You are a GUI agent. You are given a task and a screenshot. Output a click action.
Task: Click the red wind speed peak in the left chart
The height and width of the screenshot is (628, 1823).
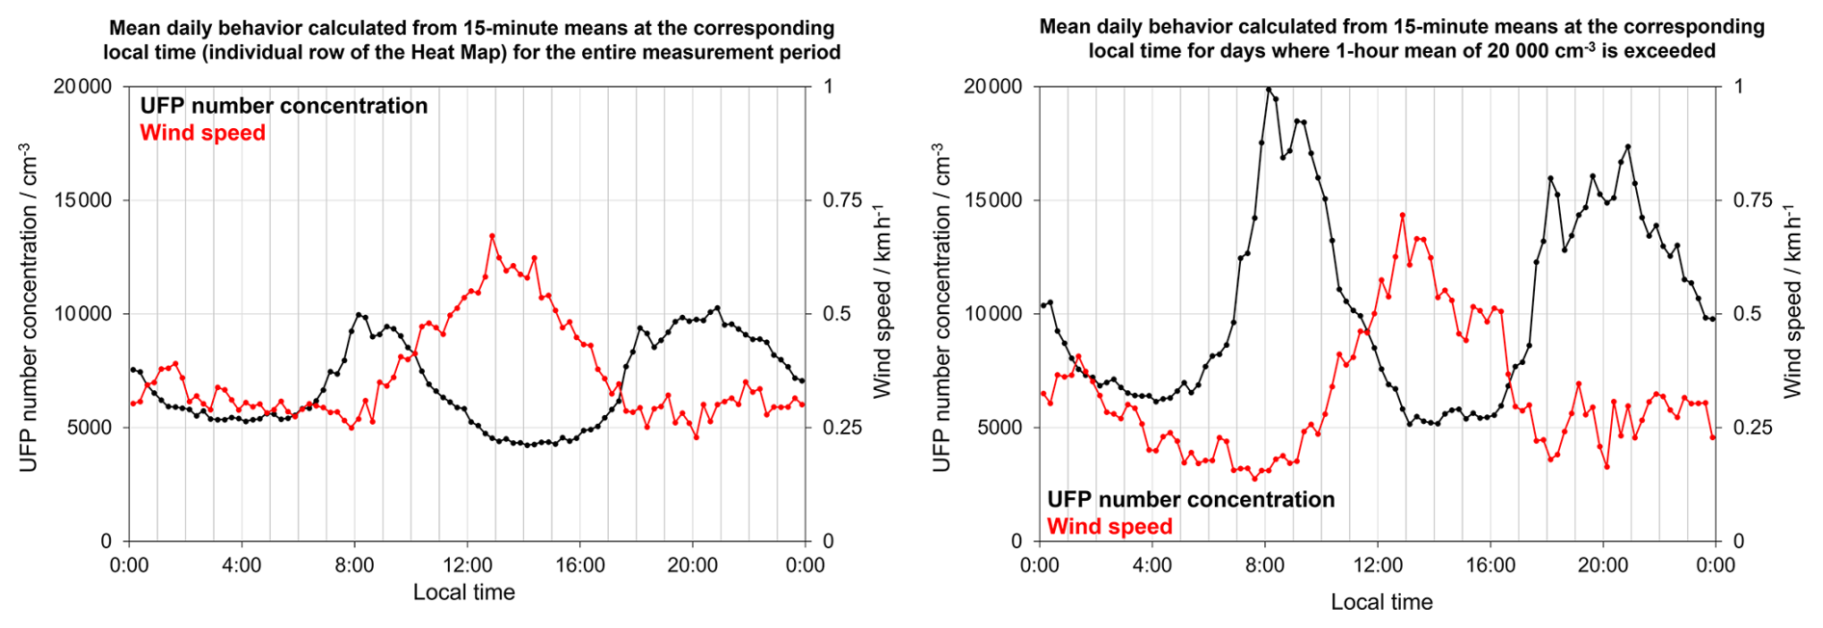[491, 235]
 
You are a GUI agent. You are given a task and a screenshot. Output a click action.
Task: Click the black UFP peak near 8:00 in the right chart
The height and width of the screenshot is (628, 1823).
[1268, 90]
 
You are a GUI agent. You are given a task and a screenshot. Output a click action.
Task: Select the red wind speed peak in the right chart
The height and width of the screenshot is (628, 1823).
[1402, 215]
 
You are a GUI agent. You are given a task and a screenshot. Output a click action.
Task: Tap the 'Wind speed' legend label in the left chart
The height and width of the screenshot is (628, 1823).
[202, 133]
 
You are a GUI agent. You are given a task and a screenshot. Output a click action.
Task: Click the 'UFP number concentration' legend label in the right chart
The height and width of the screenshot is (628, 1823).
[1190, 499]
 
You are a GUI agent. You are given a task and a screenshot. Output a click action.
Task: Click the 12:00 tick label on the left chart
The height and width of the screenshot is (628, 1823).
[467, 565]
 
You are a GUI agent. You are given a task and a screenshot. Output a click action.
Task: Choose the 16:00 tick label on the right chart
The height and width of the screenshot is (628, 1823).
[1491, 565]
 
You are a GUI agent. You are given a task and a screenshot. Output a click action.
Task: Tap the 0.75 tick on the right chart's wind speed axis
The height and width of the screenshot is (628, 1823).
[1753, 200]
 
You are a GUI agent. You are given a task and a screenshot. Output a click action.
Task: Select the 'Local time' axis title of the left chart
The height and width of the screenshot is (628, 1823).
[463, 592]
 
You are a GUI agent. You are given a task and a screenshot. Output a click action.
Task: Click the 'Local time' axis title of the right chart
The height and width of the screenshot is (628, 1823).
[1381, 602]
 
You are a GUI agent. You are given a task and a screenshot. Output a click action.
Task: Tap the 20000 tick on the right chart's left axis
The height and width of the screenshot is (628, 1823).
[993, 87]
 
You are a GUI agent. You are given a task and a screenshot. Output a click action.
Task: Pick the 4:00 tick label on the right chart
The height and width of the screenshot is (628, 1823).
[1152, 565]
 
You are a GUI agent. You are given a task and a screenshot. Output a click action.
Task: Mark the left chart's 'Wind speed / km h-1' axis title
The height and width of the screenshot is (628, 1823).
[882, 301]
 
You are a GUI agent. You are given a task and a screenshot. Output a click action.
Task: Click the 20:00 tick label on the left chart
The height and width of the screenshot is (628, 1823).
[692, 565]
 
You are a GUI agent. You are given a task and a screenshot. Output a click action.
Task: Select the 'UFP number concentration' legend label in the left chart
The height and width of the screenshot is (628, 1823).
[283, 106]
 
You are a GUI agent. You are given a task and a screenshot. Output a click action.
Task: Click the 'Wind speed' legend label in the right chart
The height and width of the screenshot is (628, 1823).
[1109, 527]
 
